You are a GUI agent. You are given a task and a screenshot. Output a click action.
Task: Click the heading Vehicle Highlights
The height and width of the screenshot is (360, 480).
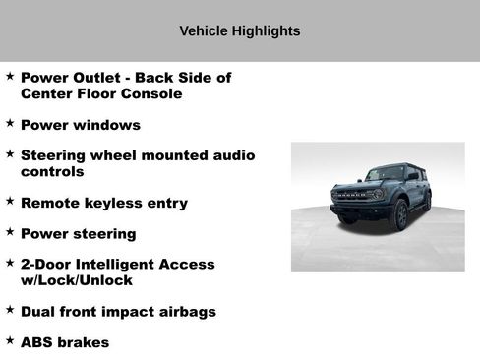coord(240,31)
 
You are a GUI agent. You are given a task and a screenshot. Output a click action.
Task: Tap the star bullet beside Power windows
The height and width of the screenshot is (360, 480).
coord(10,124)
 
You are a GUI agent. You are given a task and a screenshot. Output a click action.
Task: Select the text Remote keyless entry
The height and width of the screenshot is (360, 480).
coord(103,203)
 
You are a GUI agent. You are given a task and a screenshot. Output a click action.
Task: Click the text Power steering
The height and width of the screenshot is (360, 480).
coord(78,234)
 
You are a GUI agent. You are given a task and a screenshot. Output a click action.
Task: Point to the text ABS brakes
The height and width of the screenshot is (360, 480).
coord(64,342)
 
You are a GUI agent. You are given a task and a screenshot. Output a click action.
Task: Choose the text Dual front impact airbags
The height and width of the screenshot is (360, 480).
coord(118,312)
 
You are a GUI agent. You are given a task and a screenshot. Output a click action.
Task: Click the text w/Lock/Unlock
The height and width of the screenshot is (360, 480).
coord(76,281)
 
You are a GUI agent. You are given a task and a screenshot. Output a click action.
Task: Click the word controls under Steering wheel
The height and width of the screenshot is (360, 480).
coord(52,172)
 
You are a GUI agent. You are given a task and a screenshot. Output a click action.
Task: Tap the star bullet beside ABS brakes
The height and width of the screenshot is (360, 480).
coord(10,341)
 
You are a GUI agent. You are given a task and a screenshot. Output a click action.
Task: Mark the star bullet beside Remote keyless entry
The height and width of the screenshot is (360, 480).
coord(10,202)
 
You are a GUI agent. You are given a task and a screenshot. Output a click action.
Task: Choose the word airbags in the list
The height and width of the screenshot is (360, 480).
coord(184,312)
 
